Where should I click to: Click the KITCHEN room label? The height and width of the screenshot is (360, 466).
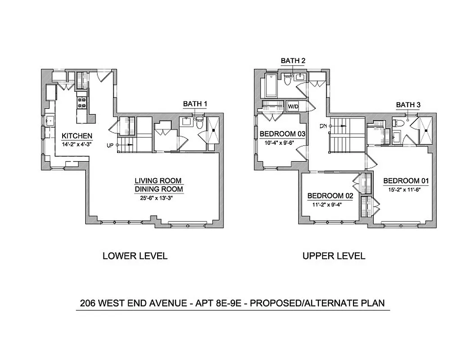coord(77,136)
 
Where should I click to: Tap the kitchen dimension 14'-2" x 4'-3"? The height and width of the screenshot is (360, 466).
coord(77,144)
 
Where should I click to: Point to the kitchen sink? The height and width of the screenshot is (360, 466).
coord(50,121)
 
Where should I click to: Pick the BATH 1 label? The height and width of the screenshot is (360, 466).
coord(195,104)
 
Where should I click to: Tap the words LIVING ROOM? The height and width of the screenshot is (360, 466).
coord(158,180)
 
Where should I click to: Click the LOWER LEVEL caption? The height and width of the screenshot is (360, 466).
coord(135,256)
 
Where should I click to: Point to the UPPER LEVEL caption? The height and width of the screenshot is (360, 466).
coord(334,256)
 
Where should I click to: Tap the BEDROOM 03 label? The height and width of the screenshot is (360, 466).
coord(282,134)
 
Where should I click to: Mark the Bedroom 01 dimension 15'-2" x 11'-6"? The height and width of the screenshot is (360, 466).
coord(406,189)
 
